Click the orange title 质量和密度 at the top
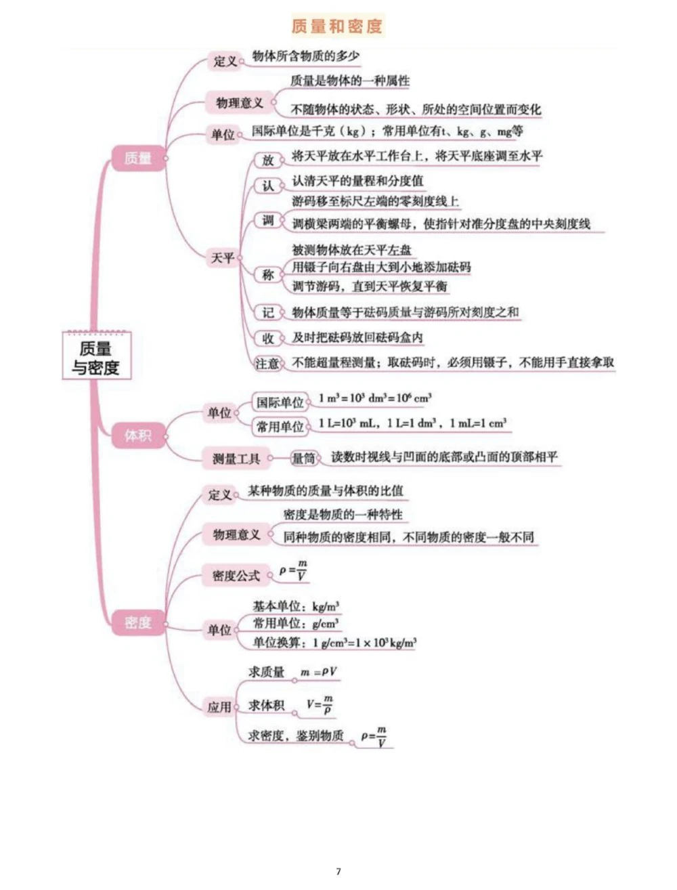point(337,26)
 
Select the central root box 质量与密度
point(96,357)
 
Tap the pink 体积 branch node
point(138,436)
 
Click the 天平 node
point(223,258)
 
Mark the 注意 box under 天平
point(267,363)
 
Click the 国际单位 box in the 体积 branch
point(280,402)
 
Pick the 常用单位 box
point(280,427)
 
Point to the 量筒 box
point(303,459)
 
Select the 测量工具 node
point(236,459)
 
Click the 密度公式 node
point(236,575)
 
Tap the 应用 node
point(219,707)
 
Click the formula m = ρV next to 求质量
point(319,673)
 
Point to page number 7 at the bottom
point(338,871)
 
